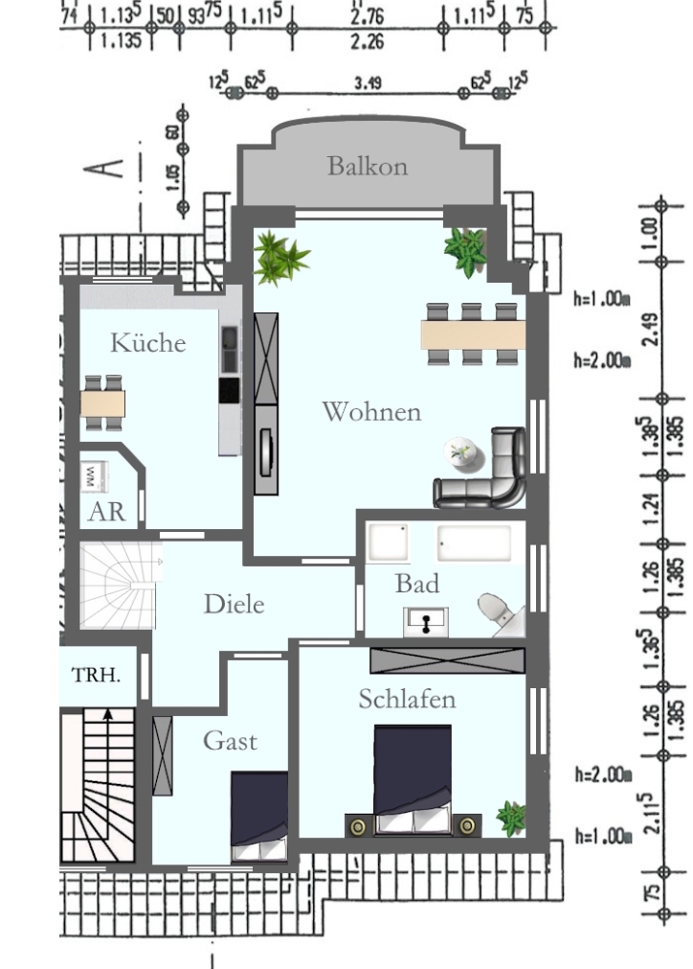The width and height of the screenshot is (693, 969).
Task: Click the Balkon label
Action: coord(366,166)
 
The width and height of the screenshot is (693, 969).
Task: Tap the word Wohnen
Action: coord(371,412)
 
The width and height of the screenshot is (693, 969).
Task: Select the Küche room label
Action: coord(147,342)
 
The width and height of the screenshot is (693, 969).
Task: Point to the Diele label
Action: coord(234,604)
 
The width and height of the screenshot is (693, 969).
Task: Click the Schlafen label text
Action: coord(406,699)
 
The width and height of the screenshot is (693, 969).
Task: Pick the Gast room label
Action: coord(230,741)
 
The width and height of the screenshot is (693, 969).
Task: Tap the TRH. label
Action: coord(97,674)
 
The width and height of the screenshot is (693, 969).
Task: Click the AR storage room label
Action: coord(107,512)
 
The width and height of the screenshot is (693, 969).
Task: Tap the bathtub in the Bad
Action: coord(474,543)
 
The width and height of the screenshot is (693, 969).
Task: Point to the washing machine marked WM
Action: coord(94,476)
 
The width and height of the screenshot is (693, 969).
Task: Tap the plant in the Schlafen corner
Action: coord(511,817)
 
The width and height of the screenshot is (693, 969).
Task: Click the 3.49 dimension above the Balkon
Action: coord(367,84)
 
